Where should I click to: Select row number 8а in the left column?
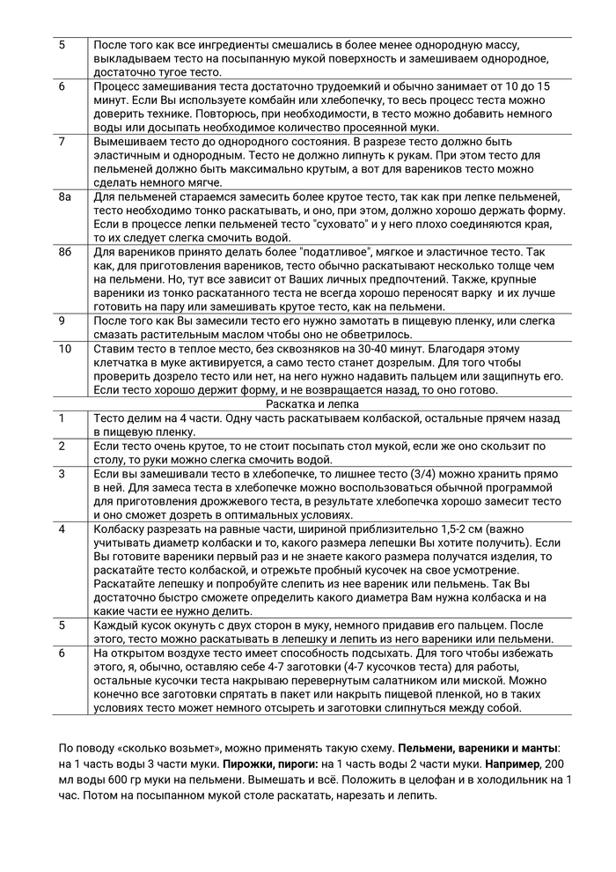tap(64, 197)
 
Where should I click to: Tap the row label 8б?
tap(64, 252)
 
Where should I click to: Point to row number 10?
tap(65, 349)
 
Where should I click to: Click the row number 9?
tap(62, 321)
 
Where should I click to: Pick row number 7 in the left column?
tap(62, 141)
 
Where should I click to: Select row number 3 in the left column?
tap(62, 474)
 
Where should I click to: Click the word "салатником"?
tap(378, 680)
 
